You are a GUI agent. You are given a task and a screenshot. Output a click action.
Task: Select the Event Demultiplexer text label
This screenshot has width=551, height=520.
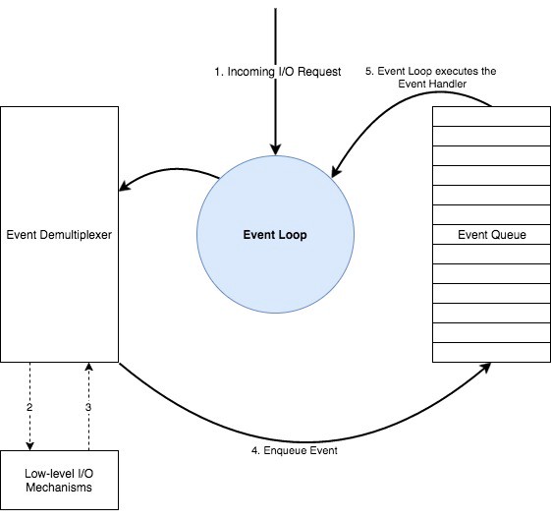point(60,235)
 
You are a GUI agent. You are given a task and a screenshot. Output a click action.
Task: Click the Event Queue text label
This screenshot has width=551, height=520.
point(491,235)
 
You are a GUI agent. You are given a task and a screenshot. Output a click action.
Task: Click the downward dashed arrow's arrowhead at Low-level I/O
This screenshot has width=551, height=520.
point(30,444)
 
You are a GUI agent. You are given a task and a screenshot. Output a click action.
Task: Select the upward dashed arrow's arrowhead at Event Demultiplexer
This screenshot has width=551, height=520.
point(89,368)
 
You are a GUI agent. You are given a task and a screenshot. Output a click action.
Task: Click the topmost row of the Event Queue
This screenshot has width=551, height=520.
point(491,116)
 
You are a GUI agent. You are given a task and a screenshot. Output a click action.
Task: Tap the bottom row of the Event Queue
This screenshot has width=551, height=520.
point(491,353)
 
